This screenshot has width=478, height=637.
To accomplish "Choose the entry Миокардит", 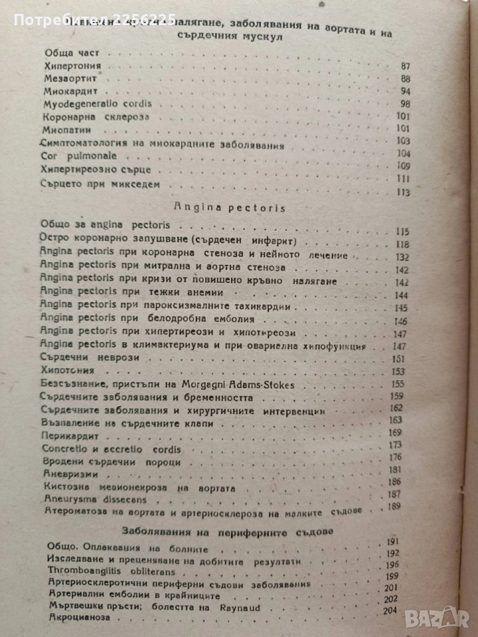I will (68, 91).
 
